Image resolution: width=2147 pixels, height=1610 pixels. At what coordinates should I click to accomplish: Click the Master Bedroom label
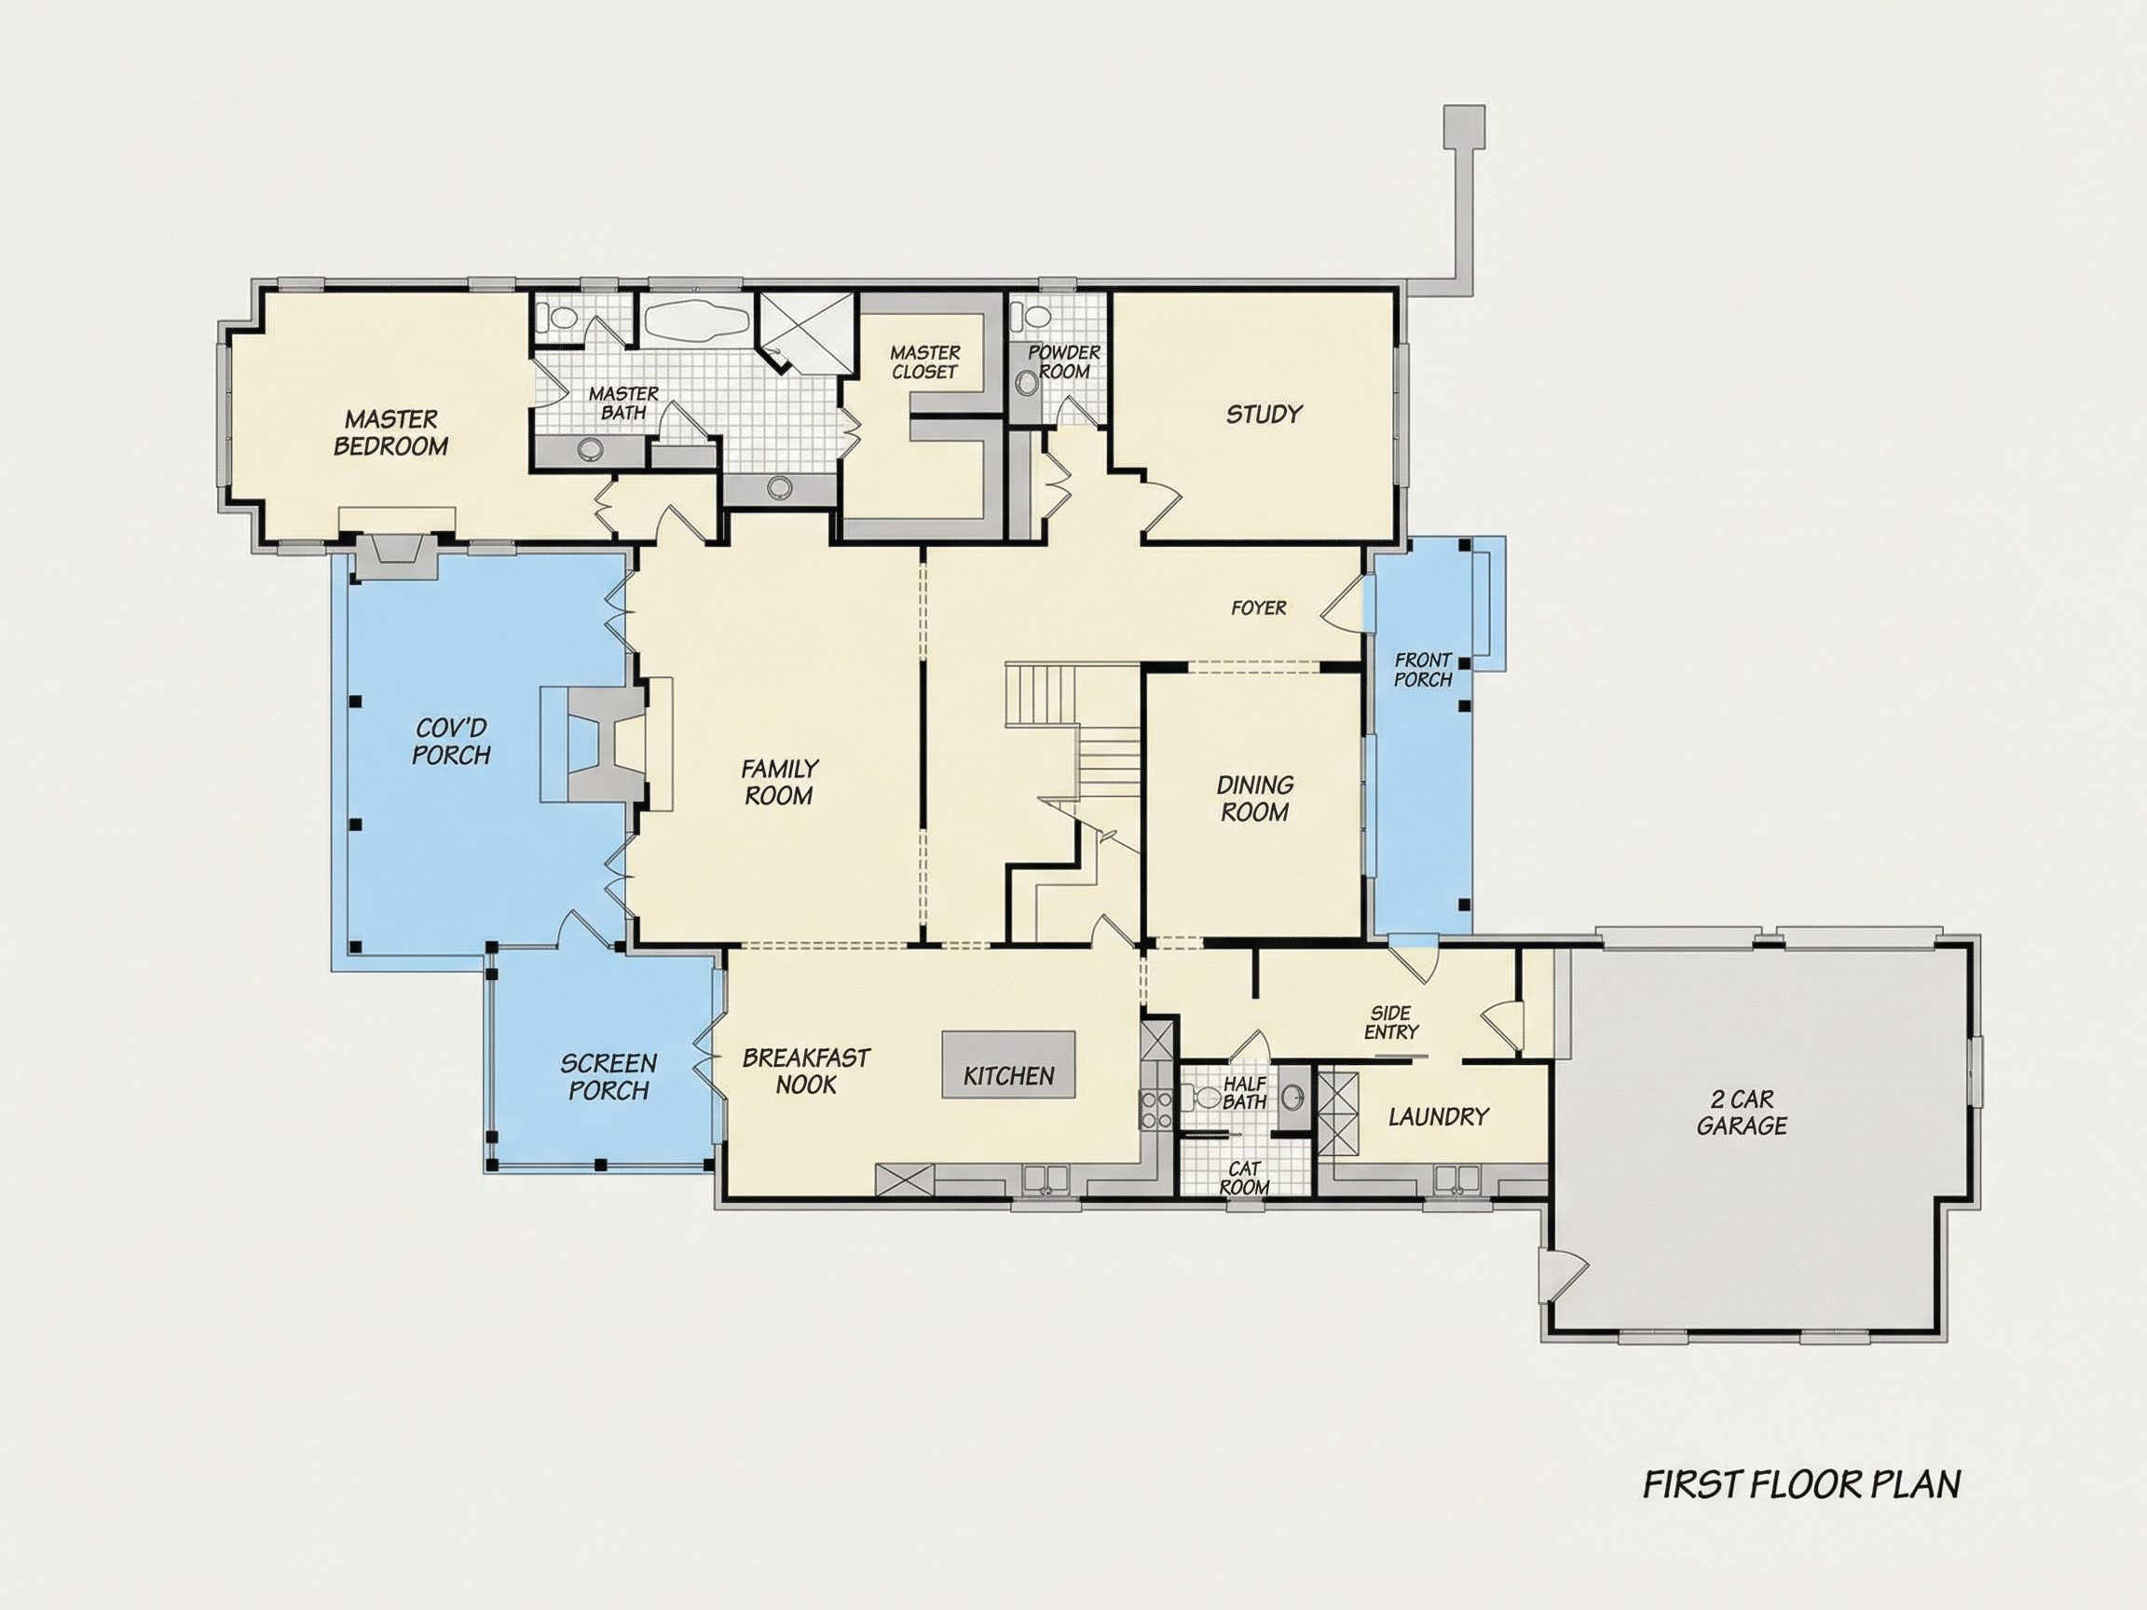[390, 433]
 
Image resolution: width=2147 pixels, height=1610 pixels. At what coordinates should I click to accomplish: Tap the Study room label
[1264, 415]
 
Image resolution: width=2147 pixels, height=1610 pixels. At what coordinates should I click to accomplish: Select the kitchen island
[1008, 1065]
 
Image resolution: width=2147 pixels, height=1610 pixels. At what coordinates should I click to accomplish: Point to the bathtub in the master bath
[696, 320]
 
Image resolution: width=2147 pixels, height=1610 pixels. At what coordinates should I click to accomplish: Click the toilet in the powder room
[1028, 317]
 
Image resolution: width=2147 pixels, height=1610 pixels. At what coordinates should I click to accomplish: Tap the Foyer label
[1258, 607]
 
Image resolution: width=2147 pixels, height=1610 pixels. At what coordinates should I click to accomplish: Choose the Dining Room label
[1254, 798]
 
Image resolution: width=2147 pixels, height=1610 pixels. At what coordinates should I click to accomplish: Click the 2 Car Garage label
[1743, 1112]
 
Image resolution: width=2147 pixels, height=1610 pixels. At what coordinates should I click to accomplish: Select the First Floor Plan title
[1801, 1484]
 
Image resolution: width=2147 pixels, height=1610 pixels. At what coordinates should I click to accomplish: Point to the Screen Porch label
[609, 1077]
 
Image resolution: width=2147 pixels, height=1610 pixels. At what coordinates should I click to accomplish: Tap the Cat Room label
[1244, 1178]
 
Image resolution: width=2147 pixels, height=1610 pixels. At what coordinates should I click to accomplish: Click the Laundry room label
[1439, 1116]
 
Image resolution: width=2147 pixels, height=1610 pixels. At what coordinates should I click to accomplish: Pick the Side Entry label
[1391, 1023]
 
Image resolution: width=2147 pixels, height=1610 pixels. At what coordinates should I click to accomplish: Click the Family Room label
[779, 783]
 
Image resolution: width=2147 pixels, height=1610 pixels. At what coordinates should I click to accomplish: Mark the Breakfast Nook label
[806, 1071]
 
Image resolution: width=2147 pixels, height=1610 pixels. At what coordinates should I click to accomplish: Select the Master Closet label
[925, 362]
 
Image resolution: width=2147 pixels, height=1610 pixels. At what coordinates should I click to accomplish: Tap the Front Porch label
[1423, 670]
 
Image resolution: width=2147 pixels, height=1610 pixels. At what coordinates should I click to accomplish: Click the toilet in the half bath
[1204, 1098]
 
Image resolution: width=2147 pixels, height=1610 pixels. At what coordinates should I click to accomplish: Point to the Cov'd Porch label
[451, 742]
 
